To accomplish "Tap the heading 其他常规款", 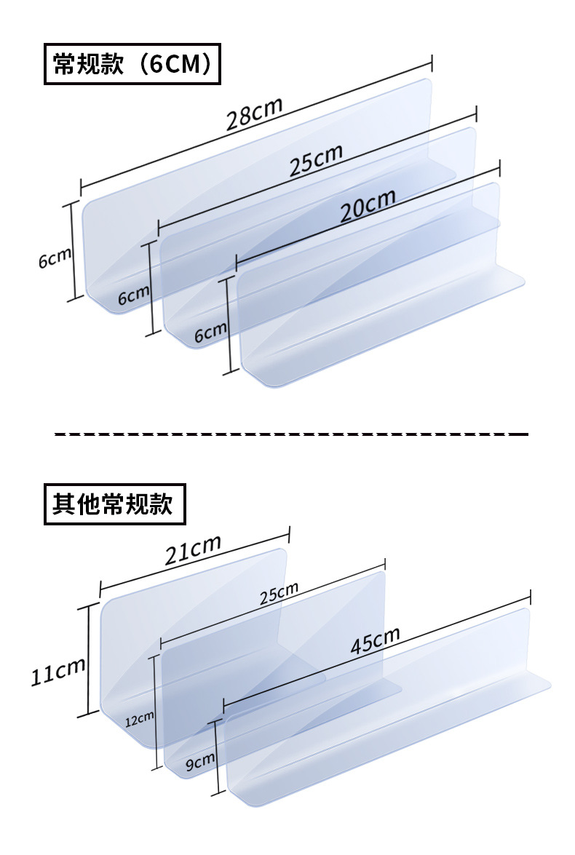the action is (115, 504).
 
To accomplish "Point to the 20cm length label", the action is (368, 206).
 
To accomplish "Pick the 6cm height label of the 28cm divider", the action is (55, 258).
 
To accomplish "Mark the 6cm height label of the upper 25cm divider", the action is (133, 295).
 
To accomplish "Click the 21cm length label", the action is (192, 551).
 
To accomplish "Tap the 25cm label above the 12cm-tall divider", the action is (279, 593).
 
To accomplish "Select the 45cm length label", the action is (375, 640).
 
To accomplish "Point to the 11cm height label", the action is (57, 670).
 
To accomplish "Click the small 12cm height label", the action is (139, 720).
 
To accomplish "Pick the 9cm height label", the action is (199, 762).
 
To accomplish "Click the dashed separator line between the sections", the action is (291, 434).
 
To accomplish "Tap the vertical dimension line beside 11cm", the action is (89, 659).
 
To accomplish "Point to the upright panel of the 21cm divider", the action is (182, 619).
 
